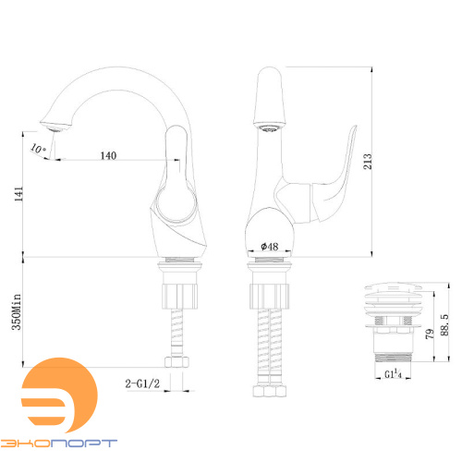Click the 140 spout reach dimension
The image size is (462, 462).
tap(108, 155)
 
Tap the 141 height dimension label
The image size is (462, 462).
tap(18, 194)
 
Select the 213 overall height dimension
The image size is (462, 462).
tap(368, 162)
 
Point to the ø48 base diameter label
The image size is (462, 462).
tap(270, 247)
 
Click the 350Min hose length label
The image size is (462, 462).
tap(17, 312)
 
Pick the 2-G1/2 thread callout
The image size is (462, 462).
tap(142, 383)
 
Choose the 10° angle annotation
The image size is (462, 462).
tap(38, 149)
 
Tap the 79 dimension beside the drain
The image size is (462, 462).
tap(430, 334)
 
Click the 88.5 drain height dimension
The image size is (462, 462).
tap(444, 325)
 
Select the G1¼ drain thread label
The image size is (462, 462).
tap(393, 374)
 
